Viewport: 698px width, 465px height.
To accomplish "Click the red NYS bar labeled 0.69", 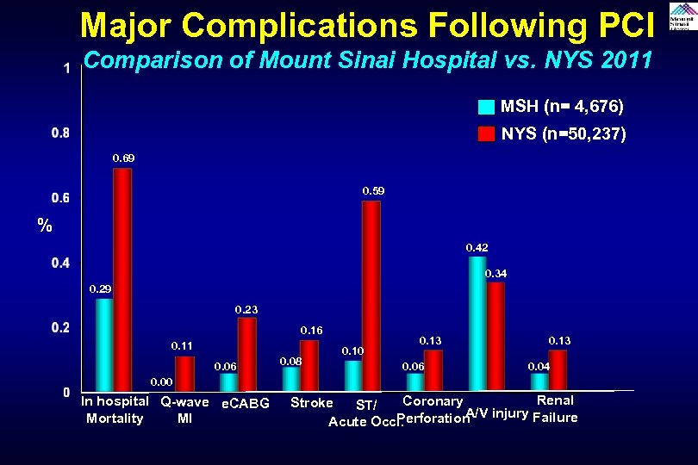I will tap(122, 280).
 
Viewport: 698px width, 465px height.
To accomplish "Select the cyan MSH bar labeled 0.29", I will tap(104, 344).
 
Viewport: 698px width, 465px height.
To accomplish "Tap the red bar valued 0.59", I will tap(371, 296).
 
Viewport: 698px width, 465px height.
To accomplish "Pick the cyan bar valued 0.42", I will tap(477, 324).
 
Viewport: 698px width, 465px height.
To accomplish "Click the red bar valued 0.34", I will tap(495, 337).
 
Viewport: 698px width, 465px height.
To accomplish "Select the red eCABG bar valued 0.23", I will tap(247, 354).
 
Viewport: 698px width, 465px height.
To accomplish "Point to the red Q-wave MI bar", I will tap(184, 374).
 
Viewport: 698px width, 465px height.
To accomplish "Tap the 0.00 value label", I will tap(161, 381).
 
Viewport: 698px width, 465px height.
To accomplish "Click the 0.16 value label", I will tap(311, 331).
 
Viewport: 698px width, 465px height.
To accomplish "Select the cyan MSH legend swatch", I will tap(487, 108).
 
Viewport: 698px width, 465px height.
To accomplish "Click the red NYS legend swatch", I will tap(487, 134).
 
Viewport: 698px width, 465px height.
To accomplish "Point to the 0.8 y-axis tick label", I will tap(60, 133).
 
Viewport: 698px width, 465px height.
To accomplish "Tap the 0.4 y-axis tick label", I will tap(60, 263).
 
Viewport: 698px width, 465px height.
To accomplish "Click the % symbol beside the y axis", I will tap(44, 226).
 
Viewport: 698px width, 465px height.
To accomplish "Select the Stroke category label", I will tap(312, 403).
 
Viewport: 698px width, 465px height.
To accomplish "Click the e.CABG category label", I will tap(246, 404).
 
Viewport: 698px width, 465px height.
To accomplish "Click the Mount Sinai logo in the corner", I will tap(682, 16).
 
